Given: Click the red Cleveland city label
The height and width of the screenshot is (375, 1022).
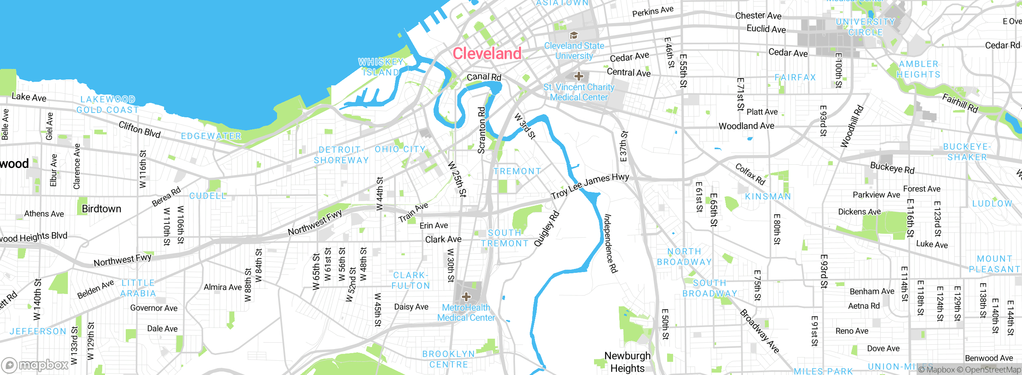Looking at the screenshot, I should pos(487,53).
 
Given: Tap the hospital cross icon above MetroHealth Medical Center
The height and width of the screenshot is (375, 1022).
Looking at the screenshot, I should pos(466,297).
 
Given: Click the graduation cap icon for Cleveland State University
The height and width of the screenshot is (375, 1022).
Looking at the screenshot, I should pos(574,36).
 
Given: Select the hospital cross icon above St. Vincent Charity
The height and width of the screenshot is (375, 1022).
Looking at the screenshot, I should pos(579,76).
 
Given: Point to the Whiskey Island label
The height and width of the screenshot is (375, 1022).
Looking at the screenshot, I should pos(381,67).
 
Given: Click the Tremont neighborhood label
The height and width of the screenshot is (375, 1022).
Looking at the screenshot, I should pos(517,172).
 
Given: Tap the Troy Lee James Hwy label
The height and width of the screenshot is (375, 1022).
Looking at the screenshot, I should pos(590,186).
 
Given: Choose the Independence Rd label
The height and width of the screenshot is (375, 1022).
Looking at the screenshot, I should pos(610,243).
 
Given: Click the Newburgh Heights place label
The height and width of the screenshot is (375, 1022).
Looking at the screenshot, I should pos(627,362).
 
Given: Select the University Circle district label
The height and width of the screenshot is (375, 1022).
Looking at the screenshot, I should pos(866,27).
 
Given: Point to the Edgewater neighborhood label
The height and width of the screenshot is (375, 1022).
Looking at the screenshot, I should pos(211,136).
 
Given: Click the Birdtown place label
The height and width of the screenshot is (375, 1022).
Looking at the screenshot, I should pos(101,209).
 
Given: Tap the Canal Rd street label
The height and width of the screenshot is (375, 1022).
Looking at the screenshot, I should pos(484,77).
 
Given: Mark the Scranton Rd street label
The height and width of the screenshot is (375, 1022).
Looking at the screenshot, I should pos(481,130).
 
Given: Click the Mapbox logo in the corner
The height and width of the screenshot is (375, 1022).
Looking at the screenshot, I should pos(35,365).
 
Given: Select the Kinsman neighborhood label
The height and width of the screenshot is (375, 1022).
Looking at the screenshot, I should pos(768,197).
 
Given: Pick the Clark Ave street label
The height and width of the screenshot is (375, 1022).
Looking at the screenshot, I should pos(443,239).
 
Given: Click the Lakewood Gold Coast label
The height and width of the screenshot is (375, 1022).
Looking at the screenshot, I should pos(108,105).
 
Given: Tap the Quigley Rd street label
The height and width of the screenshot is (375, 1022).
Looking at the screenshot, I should pos(547,228).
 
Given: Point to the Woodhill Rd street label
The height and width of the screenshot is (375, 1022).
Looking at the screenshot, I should pos(852,126).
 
